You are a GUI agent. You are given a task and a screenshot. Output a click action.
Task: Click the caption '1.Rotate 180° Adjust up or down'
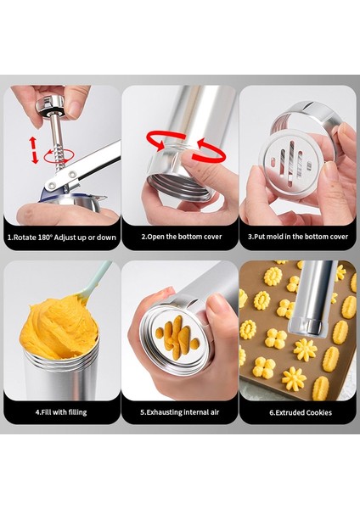62,238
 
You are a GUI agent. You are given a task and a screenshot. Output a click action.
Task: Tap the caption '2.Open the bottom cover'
182,237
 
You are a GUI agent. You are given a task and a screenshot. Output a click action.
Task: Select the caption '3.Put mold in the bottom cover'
298,237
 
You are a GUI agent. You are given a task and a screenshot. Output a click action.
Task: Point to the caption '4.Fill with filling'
61,412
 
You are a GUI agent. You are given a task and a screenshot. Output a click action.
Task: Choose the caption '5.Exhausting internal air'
180,412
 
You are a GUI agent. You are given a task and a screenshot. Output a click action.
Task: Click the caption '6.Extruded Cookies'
301,412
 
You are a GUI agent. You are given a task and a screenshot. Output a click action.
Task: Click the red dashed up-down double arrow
34,150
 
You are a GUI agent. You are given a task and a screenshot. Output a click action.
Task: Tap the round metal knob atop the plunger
50,105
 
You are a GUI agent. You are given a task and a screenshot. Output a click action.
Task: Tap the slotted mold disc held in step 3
290,165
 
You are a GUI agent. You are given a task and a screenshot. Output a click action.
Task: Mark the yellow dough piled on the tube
59,327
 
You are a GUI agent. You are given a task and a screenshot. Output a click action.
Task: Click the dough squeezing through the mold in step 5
177,337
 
